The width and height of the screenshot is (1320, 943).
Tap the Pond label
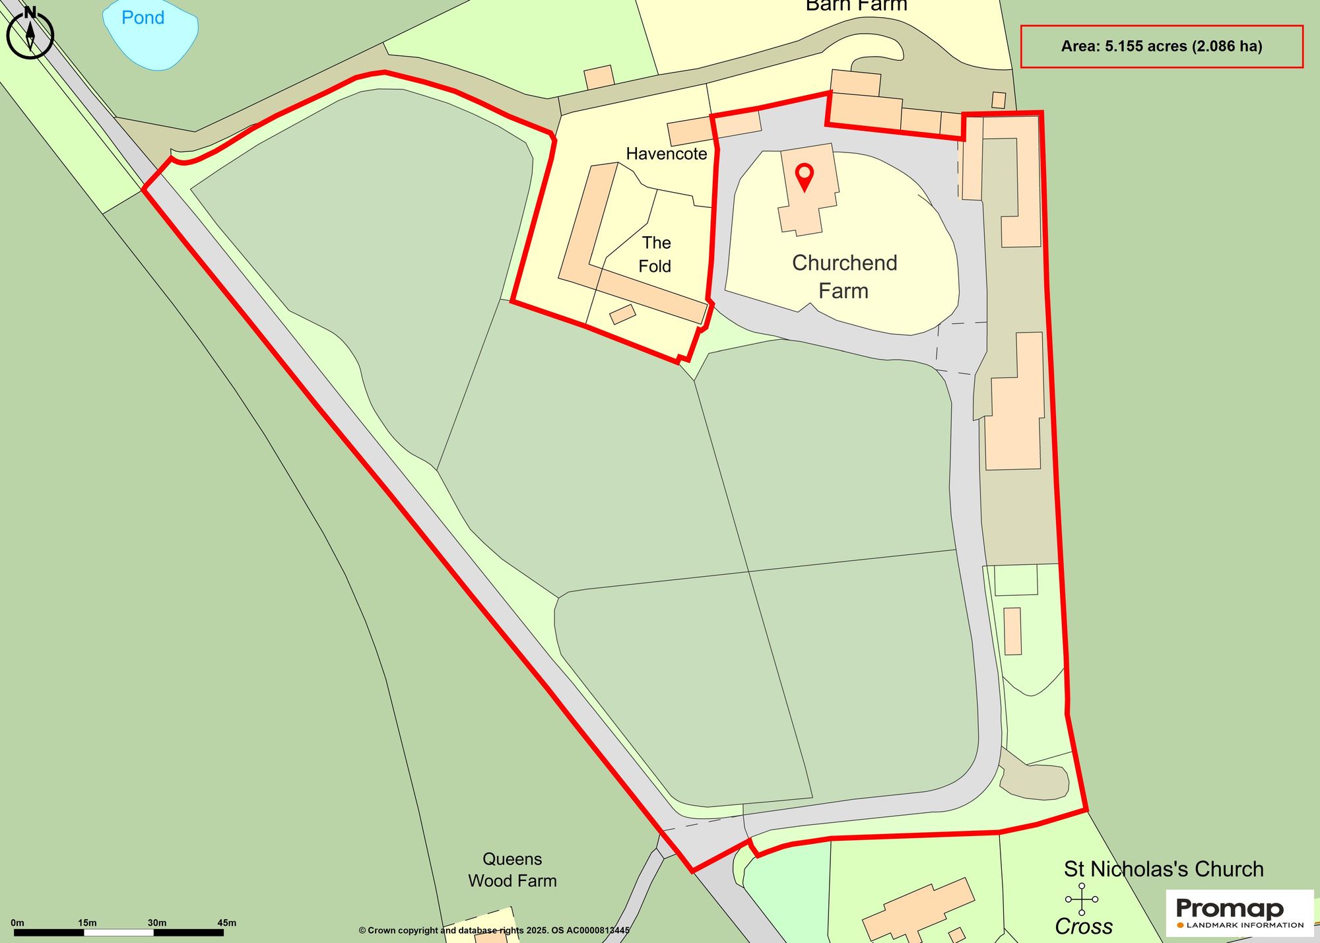coord(143,18)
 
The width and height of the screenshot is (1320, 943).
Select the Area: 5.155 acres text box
coord(1162,46)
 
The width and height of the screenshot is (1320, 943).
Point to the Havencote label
coord(666,154)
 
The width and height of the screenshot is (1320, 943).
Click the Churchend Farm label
coord(844,276)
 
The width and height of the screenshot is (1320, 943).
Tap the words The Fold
coord(655,255)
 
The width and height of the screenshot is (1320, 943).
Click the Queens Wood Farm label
coord(512,870)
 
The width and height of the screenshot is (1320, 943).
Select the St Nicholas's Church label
coord(1164,869)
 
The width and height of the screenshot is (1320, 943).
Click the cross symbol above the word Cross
coord(1082,899)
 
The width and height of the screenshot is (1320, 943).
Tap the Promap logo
coord(1239,913)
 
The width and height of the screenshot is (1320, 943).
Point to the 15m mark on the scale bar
coord(87,923)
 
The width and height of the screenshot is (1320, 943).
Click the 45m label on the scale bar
coord(227,923)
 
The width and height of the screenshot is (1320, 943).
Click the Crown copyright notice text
coord(494,930)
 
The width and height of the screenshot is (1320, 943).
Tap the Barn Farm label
coord(856,6)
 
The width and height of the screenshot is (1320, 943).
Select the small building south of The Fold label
coord(622,314)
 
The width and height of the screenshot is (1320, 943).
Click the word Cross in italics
coord(1084,927)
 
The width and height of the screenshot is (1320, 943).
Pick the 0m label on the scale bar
coord(17,923)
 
